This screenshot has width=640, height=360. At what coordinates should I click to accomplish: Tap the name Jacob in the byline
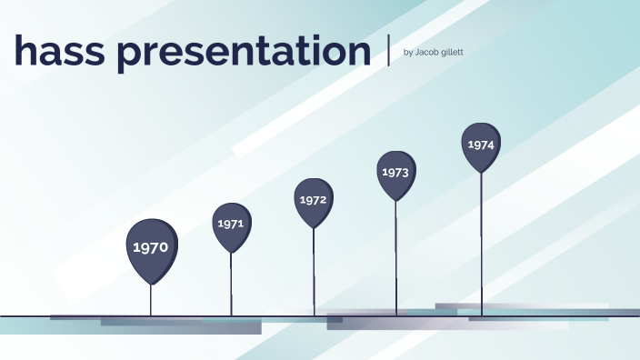pyautogui.click(x=427, y=52)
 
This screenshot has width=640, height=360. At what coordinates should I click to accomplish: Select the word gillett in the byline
pyautogui.click(x=452, y=52)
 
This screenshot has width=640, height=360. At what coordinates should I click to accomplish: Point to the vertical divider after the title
pyautogui.click(x=388, y=49)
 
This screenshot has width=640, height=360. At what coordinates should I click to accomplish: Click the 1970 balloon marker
pyautogui.click(x=151, y=247)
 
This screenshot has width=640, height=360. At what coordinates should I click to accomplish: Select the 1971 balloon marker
pyautogui.click(x=231, y=224)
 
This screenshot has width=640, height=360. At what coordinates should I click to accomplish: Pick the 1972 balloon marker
pyautogui.click(x=314, y=200)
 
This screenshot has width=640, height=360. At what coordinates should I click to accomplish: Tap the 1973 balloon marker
pyautogui.click(x=395, y=173)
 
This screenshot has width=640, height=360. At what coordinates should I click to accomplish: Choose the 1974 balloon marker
pyautogui.click(x=481, y=145)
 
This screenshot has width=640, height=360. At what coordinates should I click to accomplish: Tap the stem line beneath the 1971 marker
pyautogui.click(x=231, y=284)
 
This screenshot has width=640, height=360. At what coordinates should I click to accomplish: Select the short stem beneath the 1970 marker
pyautogui.click(x=151, y=300)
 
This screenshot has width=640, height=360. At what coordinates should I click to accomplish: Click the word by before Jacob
pyautogui.click(x=406, y=52)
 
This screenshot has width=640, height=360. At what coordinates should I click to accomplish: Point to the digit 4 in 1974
pyautogui.click(x=491, y=145)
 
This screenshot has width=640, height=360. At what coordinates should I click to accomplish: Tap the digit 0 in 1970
pyautogui.click(x=163, y=247)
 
